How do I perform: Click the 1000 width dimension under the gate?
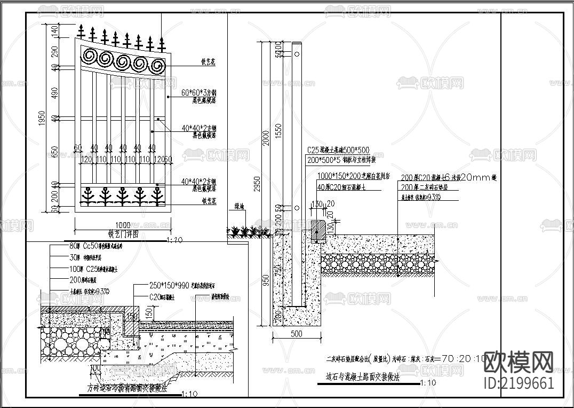[122, 225]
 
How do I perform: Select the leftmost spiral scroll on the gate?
[90, 57]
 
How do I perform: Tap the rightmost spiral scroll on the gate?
[157, 67]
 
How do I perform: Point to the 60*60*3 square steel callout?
[198, 92]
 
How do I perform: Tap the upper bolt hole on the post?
[296, 54]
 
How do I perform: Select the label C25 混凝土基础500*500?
[338, 151]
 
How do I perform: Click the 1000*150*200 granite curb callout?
[354, 176]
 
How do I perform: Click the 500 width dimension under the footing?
[296, 334]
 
